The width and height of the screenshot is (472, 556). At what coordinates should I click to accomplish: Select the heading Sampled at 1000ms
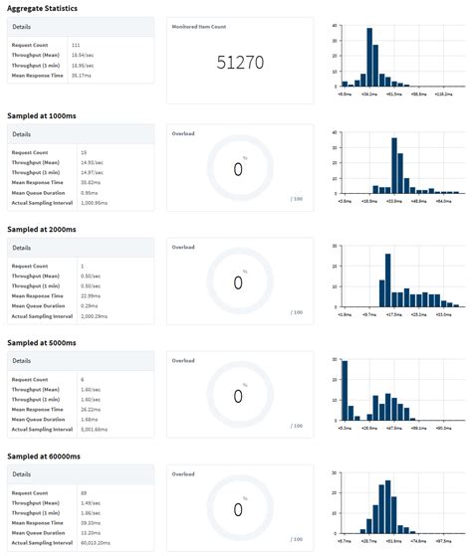point(41,117)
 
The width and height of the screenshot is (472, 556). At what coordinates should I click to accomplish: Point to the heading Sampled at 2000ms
point(41,229)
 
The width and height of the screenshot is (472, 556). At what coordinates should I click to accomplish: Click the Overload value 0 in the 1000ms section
point(238,170)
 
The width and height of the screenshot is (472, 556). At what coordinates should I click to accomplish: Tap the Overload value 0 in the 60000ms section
point(238,509)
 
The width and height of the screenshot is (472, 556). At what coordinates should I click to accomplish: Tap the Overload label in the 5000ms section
point(182,360)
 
